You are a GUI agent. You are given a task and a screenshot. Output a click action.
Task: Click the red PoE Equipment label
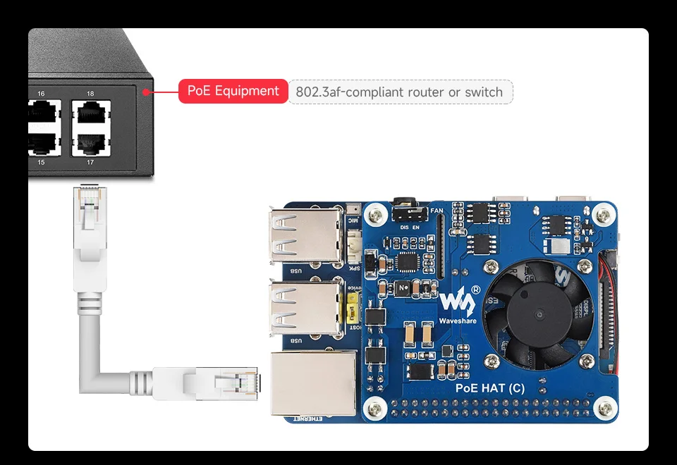click(x=233, y=91)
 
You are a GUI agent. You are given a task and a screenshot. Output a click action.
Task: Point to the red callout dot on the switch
click(x=145, y=91)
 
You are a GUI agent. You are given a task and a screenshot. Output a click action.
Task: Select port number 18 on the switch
click(x=90, y=94)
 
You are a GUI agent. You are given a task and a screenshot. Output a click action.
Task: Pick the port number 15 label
click(x=41, y=163)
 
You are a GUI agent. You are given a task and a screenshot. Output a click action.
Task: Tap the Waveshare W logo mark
click(x=456, y=301)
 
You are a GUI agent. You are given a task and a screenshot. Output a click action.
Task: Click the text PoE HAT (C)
click(x=490, y=387)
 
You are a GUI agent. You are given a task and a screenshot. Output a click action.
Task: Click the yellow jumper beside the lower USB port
click(x=348, y=308)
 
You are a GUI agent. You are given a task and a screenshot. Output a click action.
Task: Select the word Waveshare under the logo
click(x=457, y=321)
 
